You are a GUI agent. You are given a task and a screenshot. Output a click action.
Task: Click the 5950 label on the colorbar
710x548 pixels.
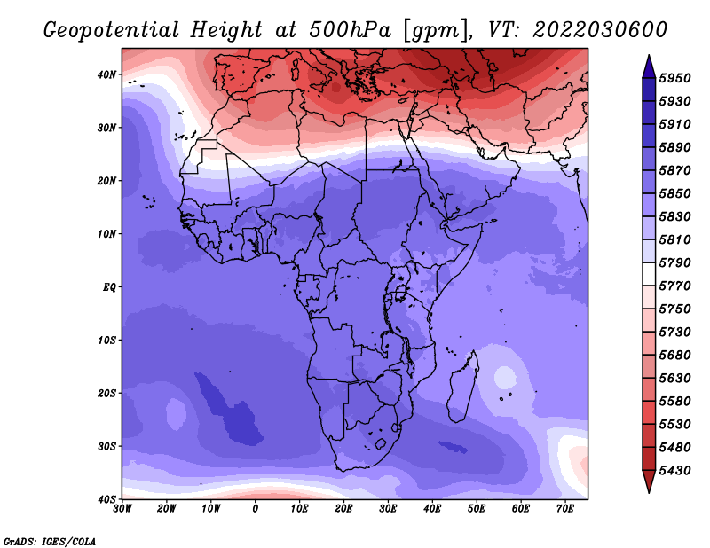(674, 78)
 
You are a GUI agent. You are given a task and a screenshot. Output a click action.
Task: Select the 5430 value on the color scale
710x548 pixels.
(674, 471)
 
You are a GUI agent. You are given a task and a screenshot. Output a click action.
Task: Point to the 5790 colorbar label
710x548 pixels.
(674, 262)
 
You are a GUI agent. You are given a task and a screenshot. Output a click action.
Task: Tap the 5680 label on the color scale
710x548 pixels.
(674, 356)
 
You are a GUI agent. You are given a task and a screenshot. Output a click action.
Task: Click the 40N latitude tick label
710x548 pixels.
(106, 74)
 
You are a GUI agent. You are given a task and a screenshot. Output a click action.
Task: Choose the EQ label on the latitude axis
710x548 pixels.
(109, 287)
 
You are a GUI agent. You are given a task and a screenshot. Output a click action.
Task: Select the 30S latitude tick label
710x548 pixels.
(106, 447)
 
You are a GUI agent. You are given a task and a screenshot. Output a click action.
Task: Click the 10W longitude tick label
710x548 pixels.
(211, 509)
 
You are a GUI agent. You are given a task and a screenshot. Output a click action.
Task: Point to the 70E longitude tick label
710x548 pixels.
(565, 509)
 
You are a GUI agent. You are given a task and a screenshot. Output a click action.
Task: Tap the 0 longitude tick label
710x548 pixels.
(256, 509)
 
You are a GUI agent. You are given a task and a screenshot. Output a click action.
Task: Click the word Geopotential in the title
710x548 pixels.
(112, 30)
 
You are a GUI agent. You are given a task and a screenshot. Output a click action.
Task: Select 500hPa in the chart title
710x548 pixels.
(350, 30)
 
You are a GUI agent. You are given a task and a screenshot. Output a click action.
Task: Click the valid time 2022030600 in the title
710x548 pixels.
(600, 30)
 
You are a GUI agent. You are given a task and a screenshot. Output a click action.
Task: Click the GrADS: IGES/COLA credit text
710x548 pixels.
(50, 541)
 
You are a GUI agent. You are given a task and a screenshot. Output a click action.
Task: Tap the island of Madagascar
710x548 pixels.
(462, 387)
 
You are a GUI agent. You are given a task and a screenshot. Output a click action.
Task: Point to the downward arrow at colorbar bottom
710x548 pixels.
(649, 481)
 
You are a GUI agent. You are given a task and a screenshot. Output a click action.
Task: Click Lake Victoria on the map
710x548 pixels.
(400, 293)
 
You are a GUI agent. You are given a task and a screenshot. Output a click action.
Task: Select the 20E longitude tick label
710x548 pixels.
(343, 509)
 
